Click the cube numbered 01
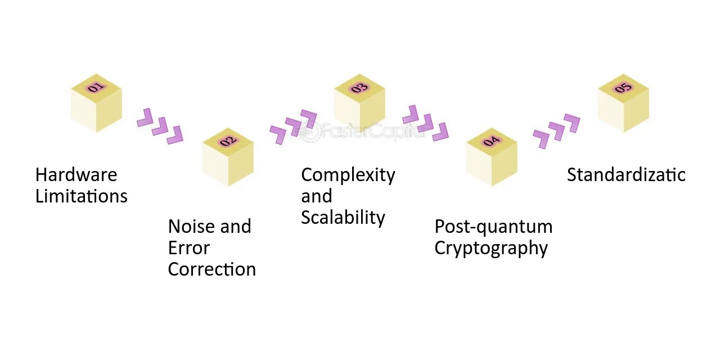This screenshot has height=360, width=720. coord(96,103)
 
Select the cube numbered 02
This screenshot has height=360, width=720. coord(228,157)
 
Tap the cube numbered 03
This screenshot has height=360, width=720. coord(359,103)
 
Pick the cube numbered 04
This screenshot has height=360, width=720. coord(492,157)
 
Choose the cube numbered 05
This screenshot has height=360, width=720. coord(623,103)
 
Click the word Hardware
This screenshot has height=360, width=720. coord(76,175)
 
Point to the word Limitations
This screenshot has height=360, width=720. coord(81,196)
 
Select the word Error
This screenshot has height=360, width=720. coord(188,248)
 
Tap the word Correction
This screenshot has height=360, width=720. coord(211,269)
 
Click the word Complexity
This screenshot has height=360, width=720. coord(348,175)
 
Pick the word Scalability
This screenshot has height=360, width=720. coord(343,218)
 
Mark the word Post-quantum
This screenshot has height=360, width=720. coord(493,227)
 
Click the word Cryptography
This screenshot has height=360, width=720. coord(491,248)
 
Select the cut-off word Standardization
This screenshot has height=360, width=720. coord(625,175)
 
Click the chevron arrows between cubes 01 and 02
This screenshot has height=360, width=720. coord(160,126)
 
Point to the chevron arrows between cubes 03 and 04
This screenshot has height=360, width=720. coord(425,123)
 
